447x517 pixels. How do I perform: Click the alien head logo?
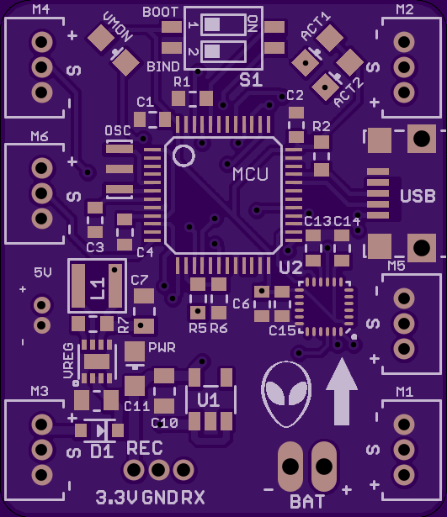(x=286, y=393)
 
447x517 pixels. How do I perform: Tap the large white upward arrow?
(x=342, y=392)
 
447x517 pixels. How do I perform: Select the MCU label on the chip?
(x=250, y=174)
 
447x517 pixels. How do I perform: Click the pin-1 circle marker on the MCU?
(x=184, y=156)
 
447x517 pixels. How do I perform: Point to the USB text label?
(x=418, y=196)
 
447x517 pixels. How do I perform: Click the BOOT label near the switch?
(x=161, y=13)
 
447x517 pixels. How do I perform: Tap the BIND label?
(x=163, y=66)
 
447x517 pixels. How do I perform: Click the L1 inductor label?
(x=98, y=288)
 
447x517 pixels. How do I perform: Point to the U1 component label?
(x=208, y=400)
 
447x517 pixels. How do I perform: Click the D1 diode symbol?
(x=99, y=430)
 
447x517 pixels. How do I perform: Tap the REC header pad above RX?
(x=184, y=470)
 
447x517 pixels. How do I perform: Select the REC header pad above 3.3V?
(x=134, y=470)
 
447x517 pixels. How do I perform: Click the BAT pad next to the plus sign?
(x=324, y=467)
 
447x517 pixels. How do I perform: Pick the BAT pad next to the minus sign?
(x=290, y=467)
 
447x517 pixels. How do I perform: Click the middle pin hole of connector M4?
(x=41, y=67)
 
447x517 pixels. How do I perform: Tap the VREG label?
(x=68, y=361)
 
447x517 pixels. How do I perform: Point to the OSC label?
(x=118, y=131)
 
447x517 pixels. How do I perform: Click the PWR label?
(x=162, y=347)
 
